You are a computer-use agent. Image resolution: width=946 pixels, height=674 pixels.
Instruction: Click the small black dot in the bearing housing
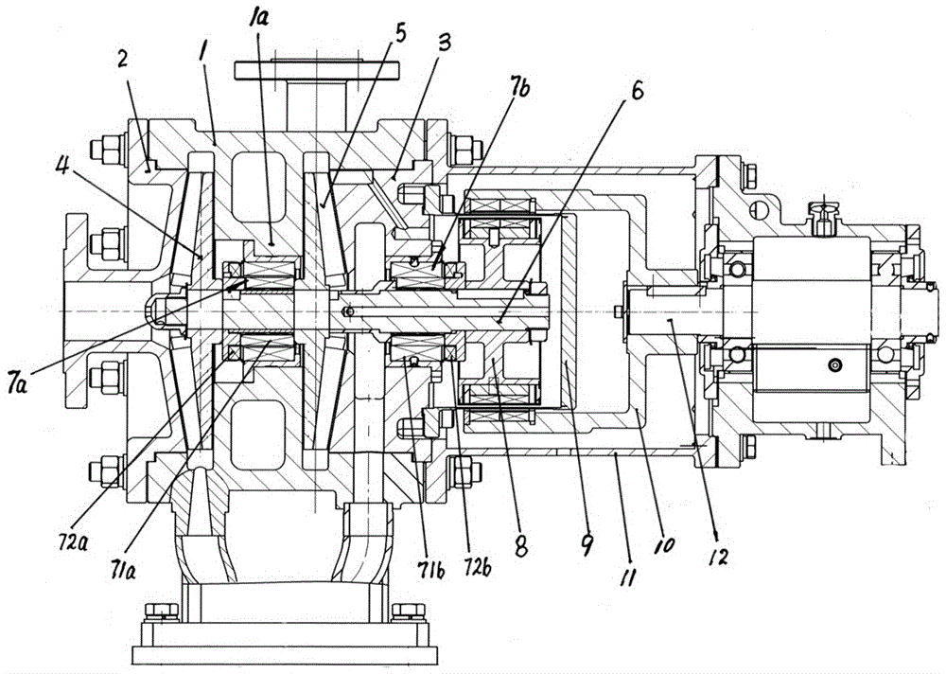click(834, 365)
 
